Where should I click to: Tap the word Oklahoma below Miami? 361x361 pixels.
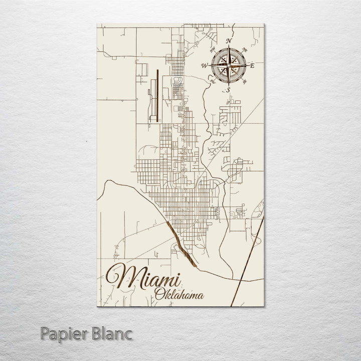[x=179, y=294]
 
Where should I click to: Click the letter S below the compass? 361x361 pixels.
[x=228, y=89]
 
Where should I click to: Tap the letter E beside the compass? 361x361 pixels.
[x=252, y=66]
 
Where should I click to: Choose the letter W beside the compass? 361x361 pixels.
[x=204, y=66]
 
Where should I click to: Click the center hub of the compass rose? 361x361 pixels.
[x=228, y=65]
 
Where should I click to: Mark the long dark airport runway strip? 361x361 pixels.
[x=157, y=95]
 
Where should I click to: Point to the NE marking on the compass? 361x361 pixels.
[x=245, y=49]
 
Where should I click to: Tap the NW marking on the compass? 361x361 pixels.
[x=212, y=49]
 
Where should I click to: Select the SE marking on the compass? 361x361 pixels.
[x=245, y=82]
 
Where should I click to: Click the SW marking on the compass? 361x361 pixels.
[x=212, y=82]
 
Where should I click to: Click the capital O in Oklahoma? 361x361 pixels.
[x=159, y=294]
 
